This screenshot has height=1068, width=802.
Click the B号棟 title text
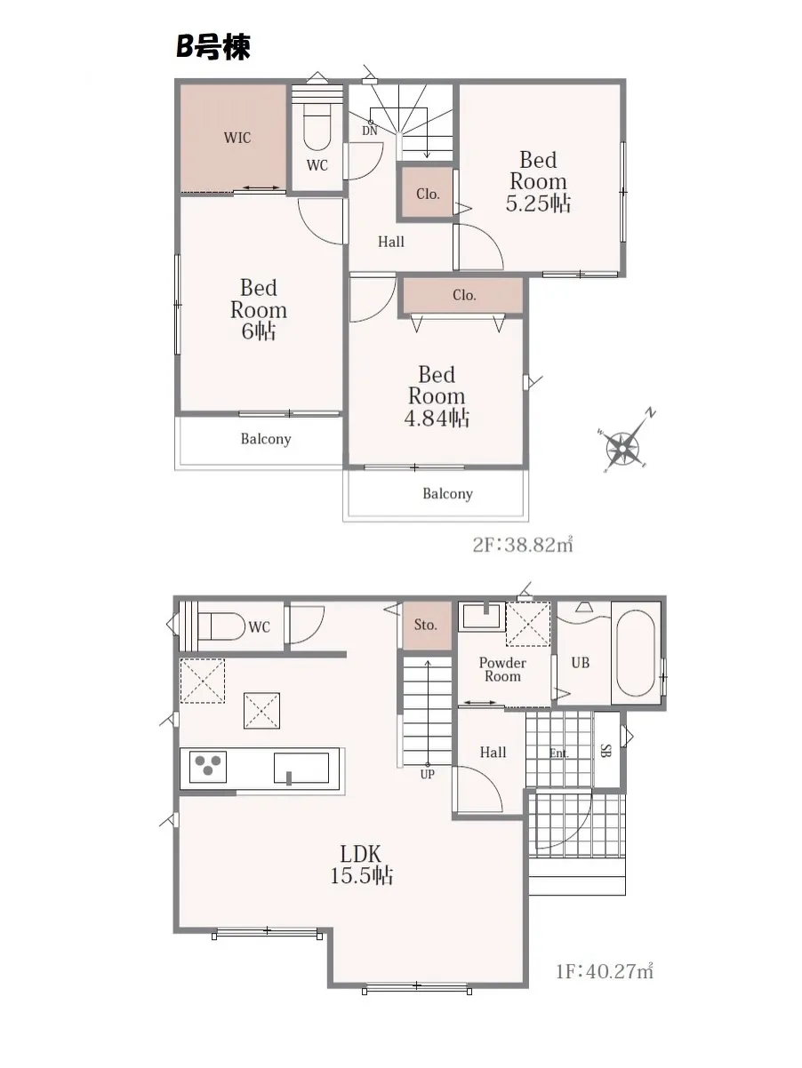(213, 48)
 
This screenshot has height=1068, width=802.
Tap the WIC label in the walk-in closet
(237, 138)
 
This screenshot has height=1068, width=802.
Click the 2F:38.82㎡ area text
(523, 545)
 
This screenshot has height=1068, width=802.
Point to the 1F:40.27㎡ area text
(605, 972)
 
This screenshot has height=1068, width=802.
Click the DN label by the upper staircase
(370, 131)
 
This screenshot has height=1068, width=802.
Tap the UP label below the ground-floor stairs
(427, 774)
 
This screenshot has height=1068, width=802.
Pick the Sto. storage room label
(425, 625)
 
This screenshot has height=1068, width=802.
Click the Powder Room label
(502, 669)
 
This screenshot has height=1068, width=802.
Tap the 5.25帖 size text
(538, 203)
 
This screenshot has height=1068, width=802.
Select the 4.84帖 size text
(437, 418)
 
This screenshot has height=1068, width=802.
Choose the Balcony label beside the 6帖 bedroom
(266, 439)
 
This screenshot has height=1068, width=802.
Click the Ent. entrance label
(559, 753)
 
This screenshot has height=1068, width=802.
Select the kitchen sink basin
(301, 769)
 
